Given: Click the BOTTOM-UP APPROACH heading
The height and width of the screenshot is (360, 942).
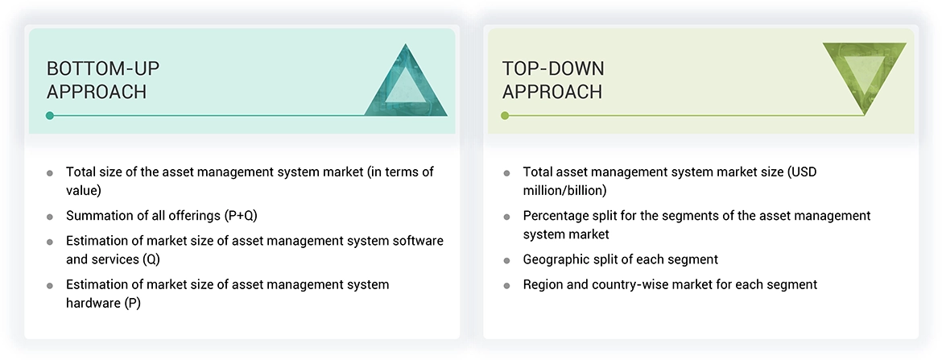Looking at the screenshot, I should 97,80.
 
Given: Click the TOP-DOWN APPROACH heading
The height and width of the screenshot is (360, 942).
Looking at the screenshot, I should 553,80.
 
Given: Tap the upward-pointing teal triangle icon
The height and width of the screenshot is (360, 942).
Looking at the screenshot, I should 406,81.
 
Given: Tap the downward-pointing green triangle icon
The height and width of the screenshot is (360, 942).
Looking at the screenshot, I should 864,77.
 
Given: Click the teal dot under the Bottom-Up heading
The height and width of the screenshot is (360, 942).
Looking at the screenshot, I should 50,116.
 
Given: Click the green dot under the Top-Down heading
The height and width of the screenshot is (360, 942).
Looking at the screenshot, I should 506,116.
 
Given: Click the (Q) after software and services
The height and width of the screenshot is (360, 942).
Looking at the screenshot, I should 153,260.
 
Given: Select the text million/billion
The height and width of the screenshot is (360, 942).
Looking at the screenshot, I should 564,191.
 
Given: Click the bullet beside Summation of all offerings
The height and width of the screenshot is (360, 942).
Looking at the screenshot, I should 50,217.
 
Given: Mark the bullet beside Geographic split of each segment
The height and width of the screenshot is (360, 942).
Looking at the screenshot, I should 506,260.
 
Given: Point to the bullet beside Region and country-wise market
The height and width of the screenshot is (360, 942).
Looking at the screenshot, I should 506,285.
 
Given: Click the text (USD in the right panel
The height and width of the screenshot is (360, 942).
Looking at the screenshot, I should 803,172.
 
